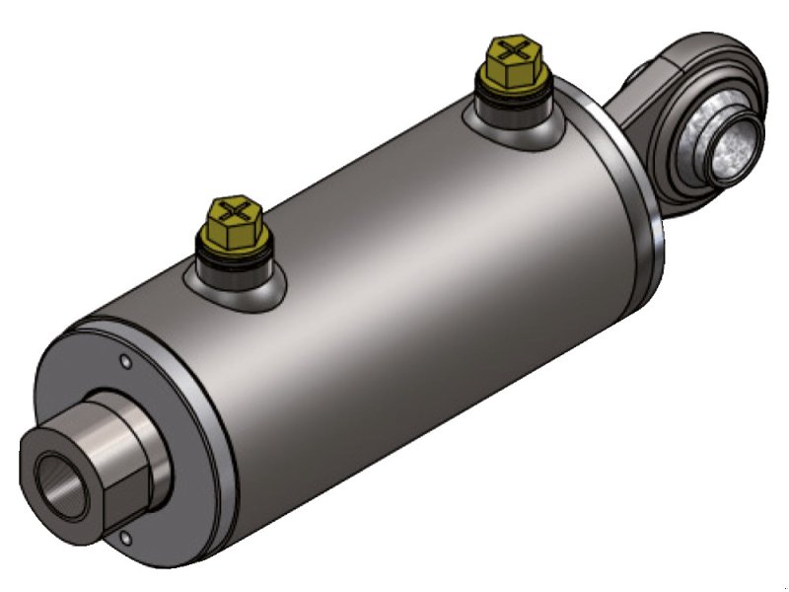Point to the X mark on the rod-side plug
click(512, 48)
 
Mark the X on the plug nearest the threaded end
click(235, 210)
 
